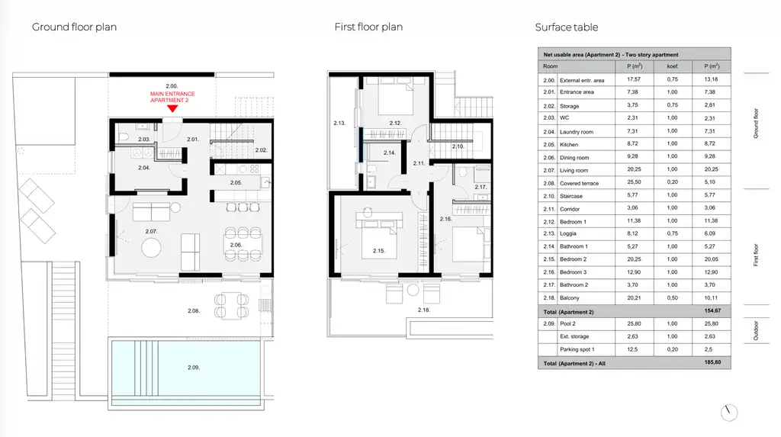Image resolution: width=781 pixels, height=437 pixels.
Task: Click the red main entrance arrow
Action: click(x=172, y=108)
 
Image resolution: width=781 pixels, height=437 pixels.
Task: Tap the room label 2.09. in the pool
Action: click(x=194, y=368)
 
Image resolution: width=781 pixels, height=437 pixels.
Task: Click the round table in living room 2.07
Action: click(x=152, y=247)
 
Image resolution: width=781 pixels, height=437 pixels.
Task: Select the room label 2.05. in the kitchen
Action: click(x=236, y=182)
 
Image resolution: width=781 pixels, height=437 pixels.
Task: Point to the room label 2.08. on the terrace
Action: click(x=194, y=310)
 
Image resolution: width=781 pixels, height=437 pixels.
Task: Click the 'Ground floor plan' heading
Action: click(x=74, y=27)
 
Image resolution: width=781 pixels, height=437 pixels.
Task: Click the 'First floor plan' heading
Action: click(x=368, y=27)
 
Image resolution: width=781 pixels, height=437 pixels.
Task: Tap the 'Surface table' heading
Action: click(x=567, y=27)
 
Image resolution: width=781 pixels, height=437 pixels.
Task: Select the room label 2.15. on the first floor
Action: click(x=379, y=251)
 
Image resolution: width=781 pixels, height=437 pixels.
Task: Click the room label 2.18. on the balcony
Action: click(x=423, y=310)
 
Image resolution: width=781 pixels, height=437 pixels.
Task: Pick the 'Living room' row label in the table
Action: click(x=574, y=170)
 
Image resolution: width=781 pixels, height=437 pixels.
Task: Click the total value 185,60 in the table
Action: click(x=713, y=362)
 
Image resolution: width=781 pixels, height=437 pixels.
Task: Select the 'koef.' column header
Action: click(x=673, y=66)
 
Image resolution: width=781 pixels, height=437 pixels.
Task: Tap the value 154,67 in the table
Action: click(x=713, y=310)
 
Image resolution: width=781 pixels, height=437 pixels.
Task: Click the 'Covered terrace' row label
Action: click(x=580, y=183)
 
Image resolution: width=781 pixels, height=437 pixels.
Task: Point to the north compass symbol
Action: click(x=728, y=412)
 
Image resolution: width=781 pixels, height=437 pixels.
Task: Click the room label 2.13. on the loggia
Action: click(x=339, y=123)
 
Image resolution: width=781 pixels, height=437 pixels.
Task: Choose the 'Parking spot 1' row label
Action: click(x=577, y=349)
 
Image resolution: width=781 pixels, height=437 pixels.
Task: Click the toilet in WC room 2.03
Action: click(x=124, y=137)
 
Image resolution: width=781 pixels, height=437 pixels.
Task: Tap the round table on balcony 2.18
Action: click(x=413, y=290)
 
